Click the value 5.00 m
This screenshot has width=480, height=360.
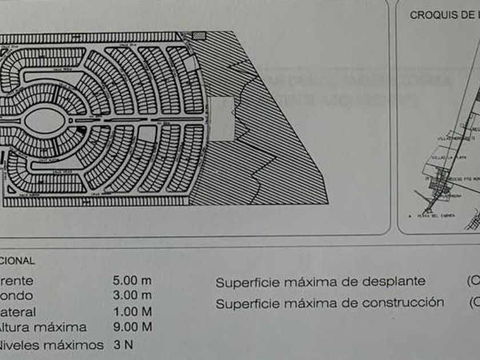133,281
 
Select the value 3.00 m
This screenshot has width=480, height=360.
133,295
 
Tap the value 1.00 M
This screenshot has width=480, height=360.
133,312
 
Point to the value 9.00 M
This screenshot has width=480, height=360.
133,327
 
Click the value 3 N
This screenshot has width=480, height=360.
124,345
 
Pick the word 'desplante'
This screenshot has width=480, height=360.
394,282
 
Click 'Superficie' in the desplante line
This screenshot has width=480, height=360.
245,282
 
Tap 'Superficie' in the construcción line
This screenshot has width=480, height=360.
245,303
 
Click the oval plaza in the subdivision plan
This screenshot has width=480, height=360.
45,120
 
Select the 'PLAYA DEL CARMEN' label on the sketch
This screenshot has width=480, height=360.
433,216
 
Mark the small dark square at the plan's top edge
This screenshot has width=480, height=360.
198,35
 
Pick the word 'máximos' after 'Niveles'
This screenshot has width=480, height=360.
79,345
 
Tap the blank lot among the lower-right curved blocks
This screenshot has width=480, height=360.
179,134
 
